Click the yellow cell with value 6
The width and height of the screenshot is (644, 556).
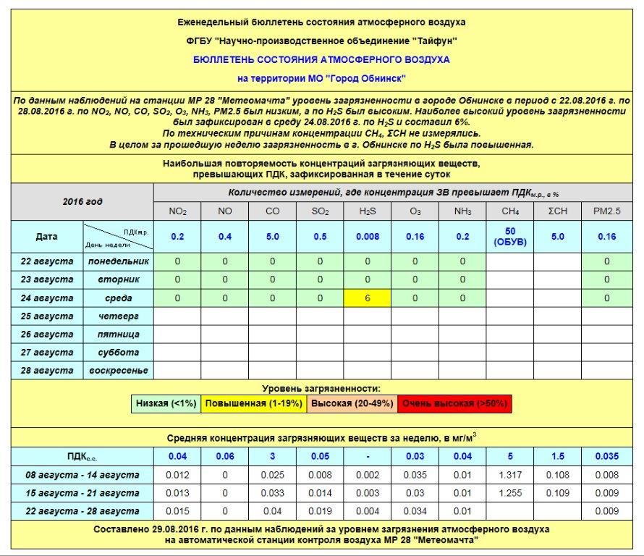[x=368, y=298]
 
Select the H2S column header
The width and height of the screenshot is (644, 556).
[x=368, y=211]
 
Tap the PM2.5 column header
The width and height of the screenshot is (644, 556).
[x=606, y=211]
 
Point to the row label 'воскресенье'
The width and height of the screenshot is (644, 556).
[x=118, y=371]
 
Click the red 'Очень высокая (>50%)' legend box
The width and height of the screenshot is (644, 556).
[x=454, y=403]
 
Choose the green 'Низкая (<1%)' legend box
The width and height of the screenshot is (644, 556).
[x=165, y=403]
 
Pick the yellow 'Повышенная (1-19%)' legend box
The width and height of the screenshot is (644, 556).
[x=253, y=403]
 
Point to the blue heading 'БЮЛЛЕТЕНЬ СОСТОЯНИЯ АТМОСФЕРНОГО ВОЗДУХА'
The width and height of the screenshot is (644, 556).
[x=321, y=59]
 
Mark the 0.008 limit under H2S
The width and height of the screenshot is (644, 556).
[x=368, y=236]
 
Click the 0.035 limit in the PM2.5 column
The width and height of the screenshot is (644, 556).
[x=606, y=456]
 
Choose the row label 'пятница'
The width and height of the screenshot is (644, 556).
[x=118, y=334]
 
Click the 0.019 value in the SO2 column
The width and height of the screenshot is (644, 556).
[x=320, y=511]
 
